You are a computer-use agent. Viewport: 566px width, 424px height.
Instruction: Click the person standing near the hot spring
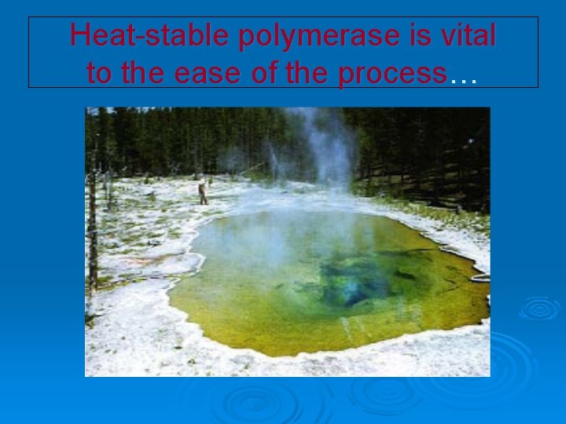point(203,192)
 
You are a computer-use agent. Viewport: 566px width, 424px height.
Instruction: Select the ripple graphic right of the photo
point(539,308)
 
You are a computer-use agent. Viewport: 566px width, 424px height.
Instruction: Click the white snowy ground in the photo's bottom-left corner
point(118,353)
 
